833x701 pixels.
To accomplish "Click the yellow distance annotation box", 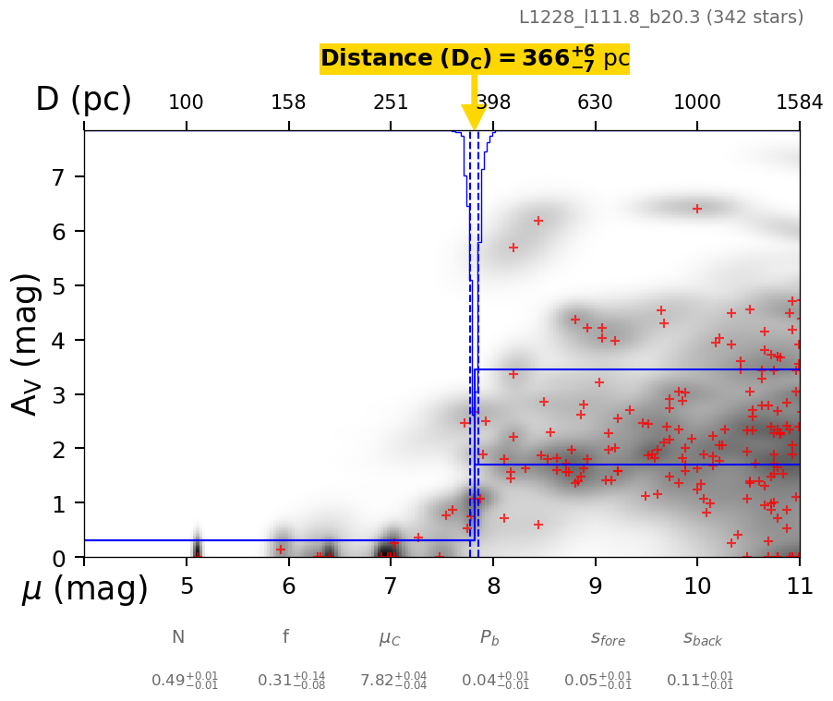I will click(x=474, y=59).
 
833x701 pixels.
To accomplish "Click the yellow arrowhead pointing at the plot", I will click(x=474, y=117).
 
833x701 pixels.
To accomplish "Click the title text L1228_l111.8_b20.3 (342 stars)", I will click(x=660, y=17).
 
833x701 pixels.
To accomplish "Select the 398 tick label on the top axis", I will click(x=493, y=103).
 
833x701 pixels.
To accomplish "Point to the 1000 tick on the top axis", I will click(x=697, y=103).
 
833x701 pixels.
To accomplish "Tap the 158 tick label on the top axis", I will click(x=288, y=103).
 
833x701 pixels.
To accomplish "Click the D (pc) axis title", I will click(x=83, y=100).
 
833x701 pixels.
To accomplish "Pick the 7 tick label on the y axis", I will click(x=60, y=176).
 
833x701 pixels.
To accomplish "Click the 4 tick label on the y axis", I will click(x=60, y=340).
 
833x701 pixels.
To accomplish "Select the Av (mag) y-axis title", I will click(x=27, y=344).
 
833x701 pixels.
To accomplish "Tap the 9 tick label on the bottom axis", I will click(x=596, y=586).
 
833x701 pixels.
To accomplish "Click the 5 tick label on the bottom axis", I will click(x=187, y=586).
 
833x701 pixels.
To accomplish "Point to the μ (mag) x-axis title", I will click(x=85, y=588).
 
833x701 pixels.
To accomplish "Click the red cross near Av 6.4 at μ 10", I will click(x=697, y=209).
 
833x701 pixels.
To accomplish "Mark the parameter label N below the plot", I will click(x=178, y=637).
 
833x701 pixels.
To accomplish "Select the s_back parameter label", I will click(x=703, y=638).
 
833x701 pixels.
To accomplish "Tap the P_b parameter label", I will click(x=490, y=637).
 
